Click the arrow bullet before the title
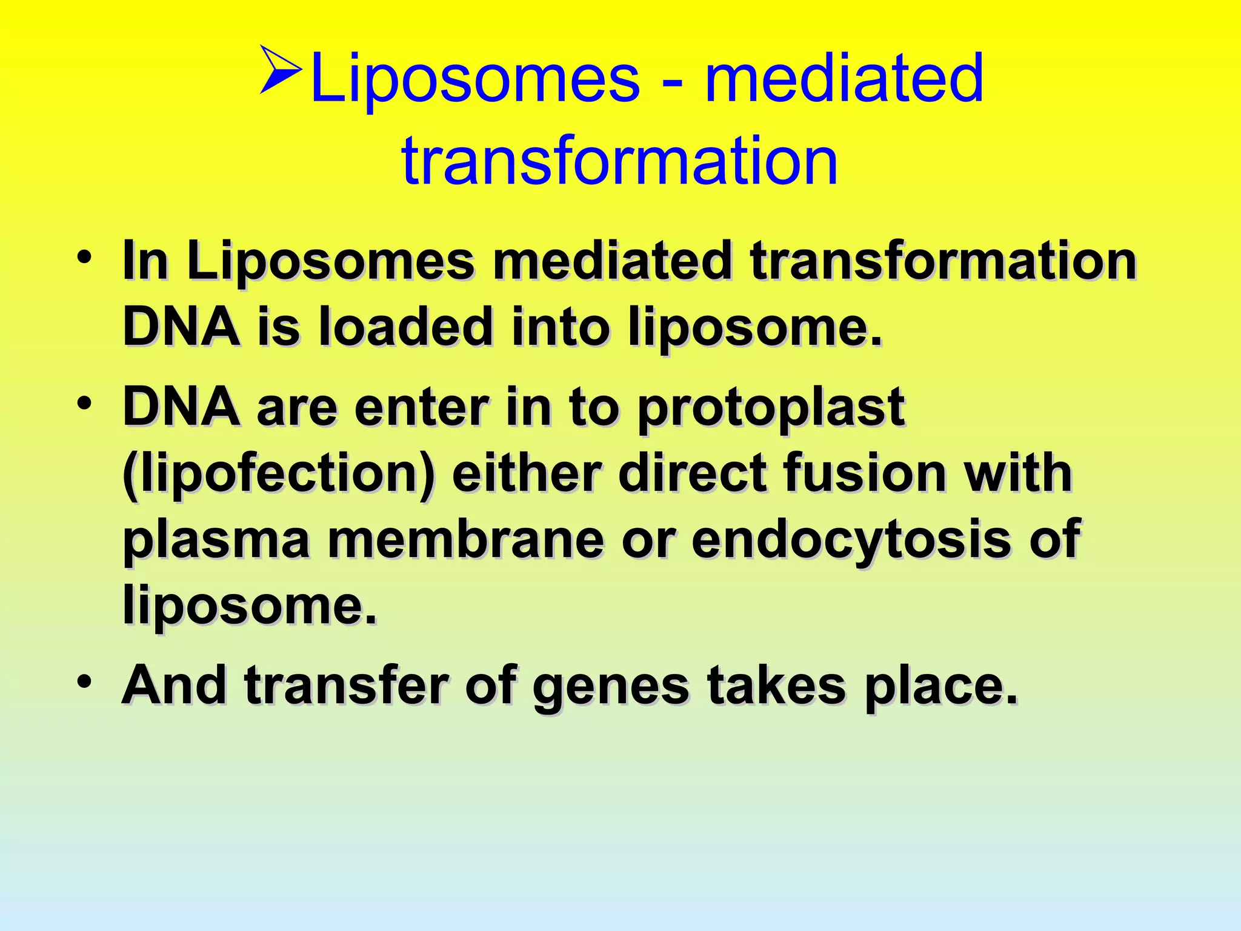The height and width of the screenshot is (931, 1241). click(281, 70)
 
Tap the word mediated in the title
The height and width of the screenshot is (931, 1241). click(844, 79)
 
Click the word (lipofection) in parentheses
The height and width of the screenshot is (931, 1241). click(279, 475)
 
